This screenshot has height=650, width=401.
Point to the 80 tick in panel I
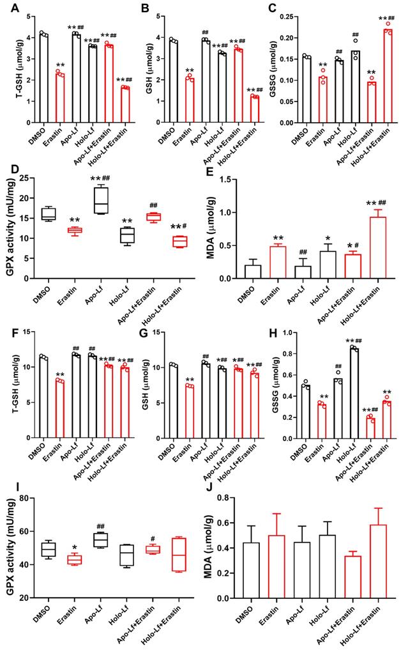[27, 498]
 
